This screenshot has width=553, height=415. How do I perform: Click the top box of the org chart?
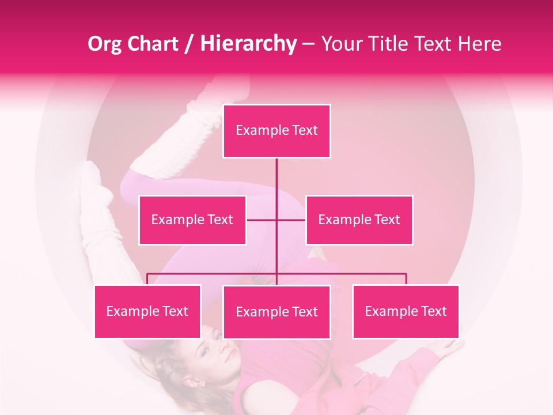[x=276, y=131]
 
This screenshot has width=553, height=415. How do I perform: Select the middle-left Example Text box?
[x=192, y=220]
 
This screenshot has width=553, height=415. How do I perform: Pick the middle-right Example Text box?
[x=359, y=220]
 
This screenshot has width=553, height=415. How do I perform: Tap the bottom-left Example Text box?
[x=147, y=311]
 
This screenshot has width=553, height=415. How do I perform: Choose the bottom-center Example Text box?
[x=276, y=312]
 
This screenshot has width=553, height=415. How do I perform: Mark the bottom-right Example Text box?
[x=406, y=311]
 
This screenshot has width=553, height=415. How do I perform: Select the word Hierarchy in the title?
[x=248, y=44]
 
